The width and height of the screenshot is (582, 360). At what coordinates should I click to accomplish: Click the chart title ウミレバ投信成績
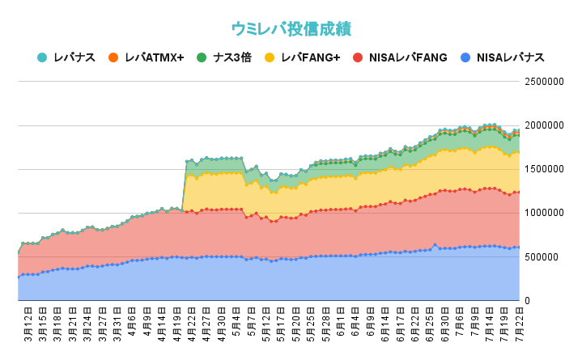click(291, 28)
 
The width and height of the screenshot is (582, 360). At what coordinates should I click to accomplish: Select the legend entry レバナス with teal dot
click(74, 57)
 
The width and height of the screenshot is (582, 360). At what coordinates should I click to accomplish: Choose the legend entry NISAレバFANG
click(407, 57)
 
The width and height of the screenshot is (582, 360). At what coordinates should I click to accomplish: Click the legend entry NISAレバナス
click(510, 57)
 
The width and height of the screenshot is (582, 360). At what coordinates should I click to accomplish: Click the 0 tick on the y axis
click(529, 300)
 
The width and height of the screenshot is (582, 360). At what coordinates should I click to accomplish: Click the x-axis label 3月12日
click(28, 324)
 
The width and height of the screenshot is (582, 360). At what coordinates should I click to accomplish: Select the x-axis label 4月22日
click(191, 324)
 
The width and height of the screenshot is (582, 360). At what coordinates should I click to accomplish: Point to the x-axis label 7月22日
click(517, 324)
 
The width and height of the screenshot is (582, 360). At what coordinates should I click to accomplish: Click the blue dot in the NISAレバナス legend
click(465, 57)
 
